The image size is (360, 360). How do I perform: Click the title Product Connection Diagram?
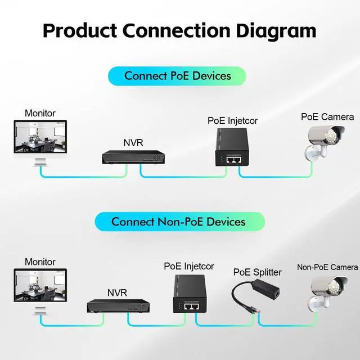pyautogui.click(x=179, y=30)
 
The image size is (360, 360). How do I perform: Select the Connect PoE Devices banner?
pyautogui.click(x=177, y=76)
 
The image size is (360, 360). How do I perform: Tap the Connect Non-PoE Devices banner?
pyautogui.click(x=179, y=222)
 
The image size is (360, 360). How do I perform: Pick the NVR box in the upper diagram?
pyautogui.click(x=133, y=157)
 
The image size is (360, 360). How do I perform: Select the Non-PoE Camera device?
pyautogui.click(x=327, y=289)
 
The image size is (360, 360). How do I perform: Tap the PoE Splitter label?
pyautogui.click(x=258, y=272)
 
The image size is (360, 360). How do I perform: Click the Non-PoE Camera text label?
pyautogui.click(x=327, y=267)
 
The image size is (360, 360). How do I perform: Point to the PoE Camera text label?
pyautogui.click(x=327, y=117)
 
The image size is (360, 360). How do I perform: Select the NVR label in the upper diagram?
pyautogui.click(x=133, y=142)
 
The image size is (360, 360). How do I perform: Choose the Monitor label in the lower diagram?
pyautogui.click(x=40, y=262)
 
